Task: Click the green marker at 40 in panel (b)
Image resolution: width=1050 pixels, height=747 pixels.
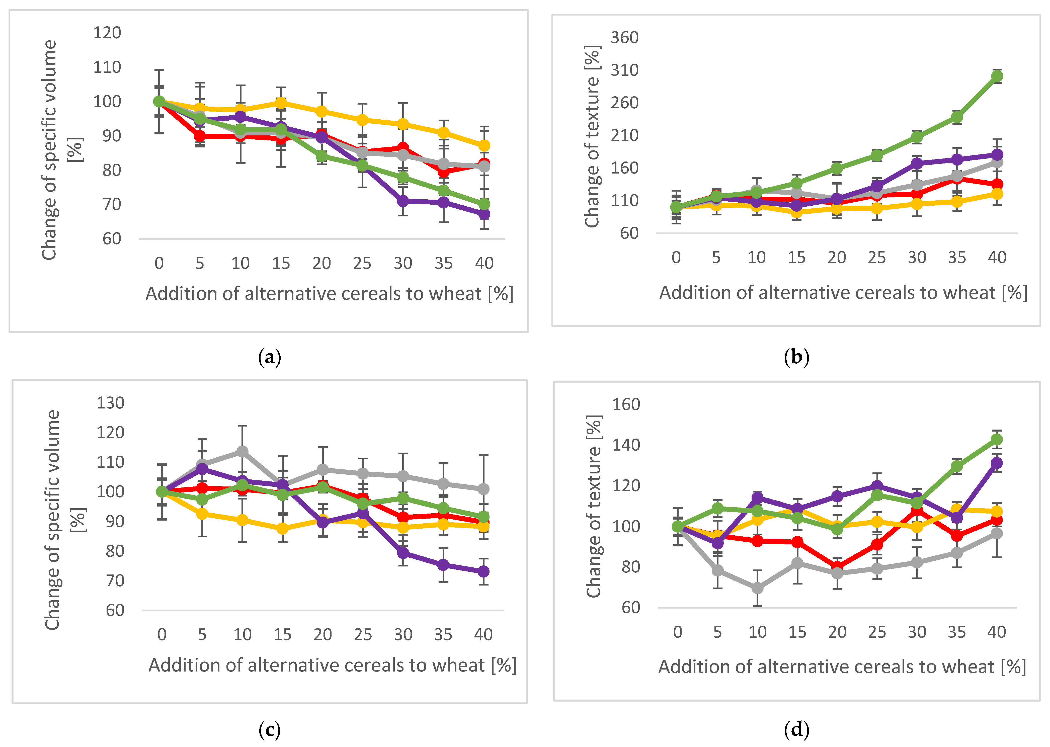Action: (x=997, y=76)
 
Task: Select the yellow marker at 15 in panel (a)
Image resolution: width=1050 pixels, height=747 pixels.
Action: (x=281, y=103)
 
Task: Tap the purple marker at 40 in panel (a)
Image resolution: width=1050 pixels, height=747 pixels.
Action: (x=484, y=214)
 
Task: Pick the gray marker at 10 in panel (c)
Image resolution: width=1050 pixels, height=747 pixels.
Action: (x=243, y=452)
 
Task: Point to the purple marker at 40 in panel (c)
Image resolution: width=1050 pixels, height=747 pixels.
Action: (x=483, y=571)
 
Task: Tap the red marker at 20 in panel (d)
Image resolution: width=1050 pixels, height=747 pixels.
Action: (x=837, y=567)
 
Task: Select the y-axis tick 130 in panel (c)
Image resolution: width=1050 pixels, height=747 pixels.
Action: (x=110, y=403)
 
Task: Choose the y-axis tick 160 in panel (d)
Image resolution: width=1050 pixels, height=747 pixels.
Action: (x=626, y=404)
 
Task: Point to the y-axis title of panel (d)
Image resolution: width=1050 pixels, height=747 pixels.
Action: (x=594, y=507)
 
